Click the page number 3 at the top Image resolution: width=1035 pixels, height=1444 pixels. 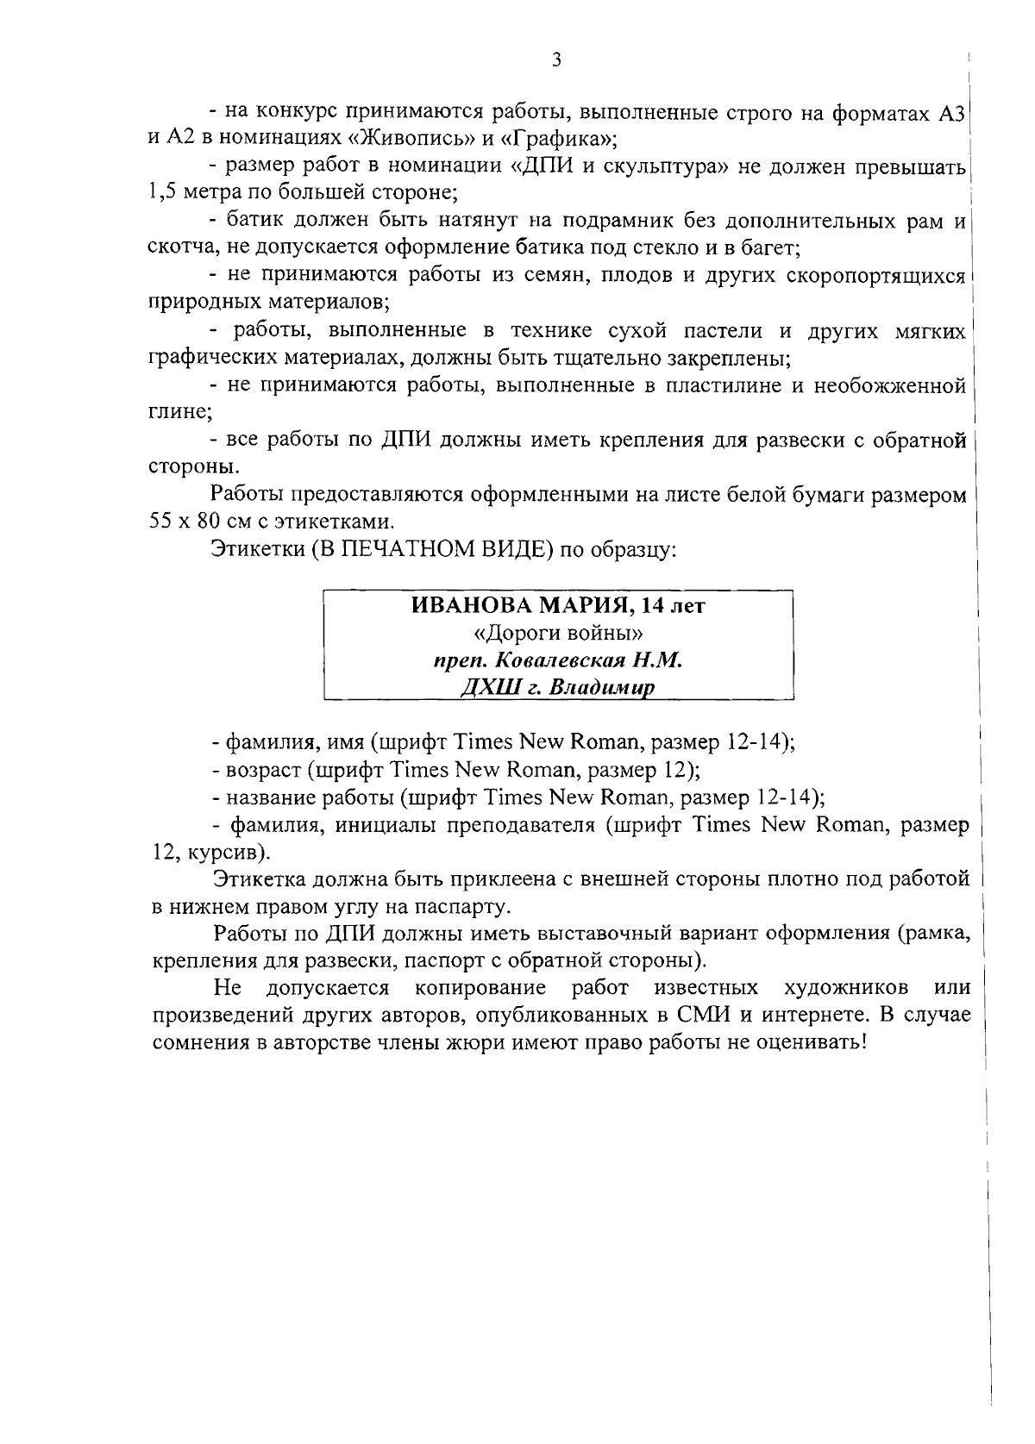pyautogui.click(x=556, y=59)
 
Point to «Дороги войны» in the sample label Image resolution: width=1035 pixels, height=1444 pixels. pyautogui.click(x=558, y=634)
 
